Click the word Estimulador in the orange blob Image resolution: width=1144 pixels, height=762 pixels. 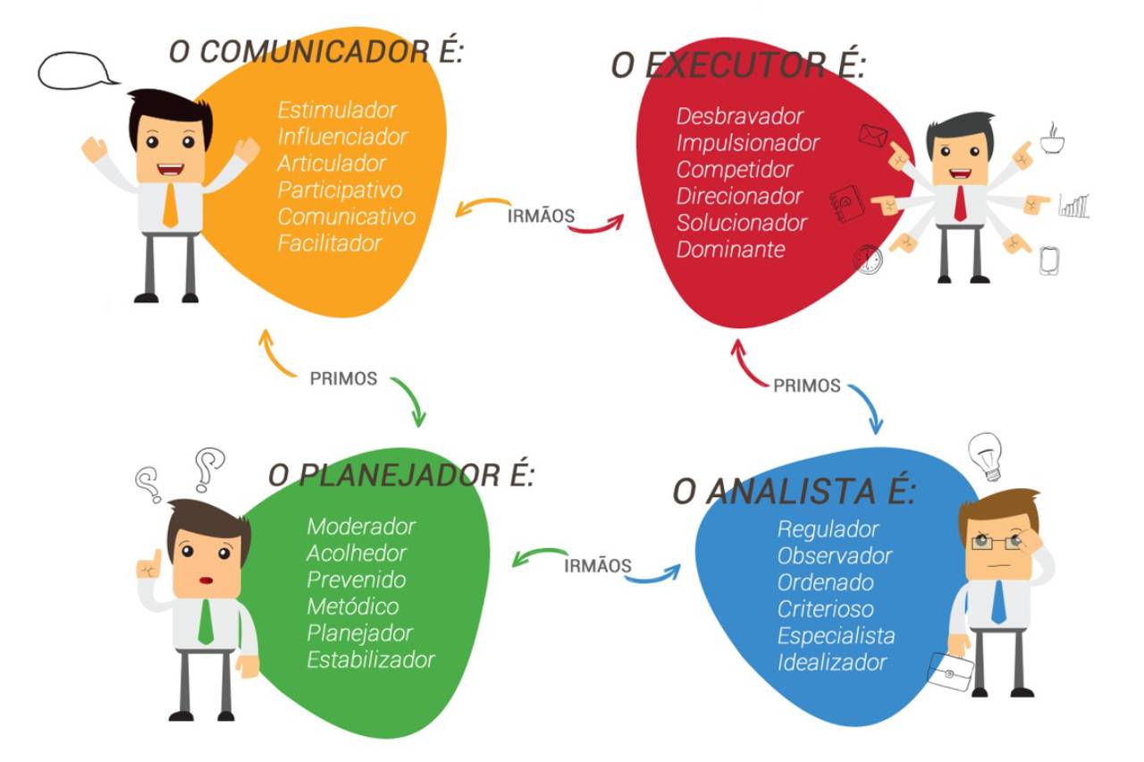(x=337, y=110)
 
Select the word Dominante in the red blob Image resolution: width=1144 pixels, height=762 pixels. (x=730, y=250)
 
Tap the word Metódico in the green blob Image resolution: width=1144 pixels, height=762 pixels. (x=352, y=606)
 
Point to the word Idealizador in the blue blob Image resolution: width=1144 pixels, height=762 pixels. (x=831, y=663)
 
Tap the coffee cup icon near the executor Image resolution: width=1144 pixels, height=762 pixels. (x=1052, y=140)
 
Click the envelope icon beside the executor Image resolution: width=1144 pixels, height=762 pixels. (x=871, y=135)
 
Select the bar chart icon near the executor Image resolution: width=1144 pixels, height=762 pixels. (x=1072, y=206)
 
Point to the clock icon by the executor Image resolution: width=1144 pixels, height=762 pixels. (x=867, y=259)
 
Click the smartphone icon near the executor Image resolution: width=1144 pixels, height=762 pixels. (x=1049, y=260)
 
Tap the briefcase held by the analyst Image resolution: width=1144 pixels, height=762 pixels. (x=950, y=671)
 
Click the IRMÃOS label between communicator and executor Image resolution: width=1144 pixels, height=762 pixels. (x=540, y=216)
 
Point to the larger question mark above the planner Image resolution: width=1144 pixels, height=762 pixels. (x=208, y=467)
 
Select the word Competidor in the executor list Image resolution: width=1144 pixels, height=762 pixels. (x=735, y=169)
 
